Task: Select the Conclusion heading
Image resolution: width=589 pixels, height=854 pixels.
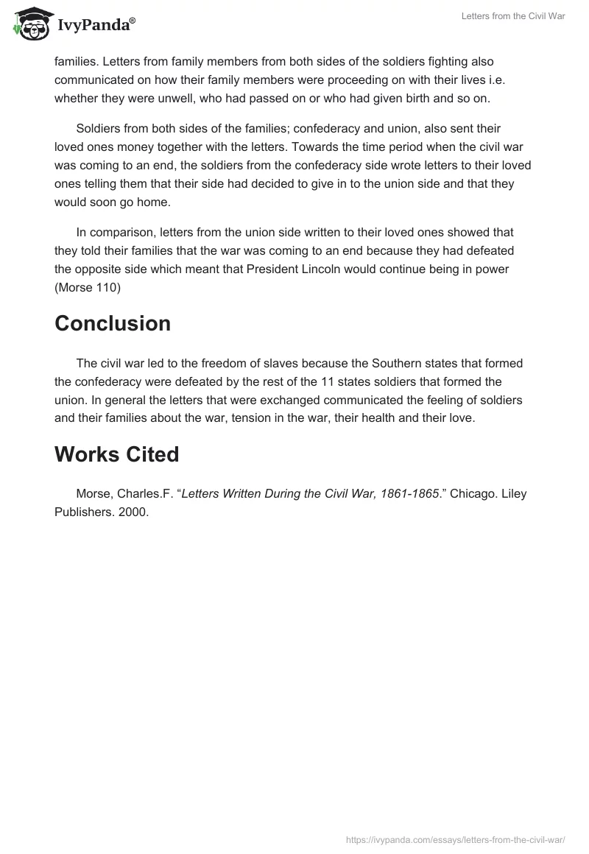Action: click(x=113, y=323)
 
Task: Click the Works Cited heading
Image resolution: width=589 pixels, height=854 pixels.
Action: click(x=116, y=454)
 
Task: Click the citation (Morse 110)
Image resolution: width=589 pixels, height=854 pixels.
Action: click(x=88, y=288)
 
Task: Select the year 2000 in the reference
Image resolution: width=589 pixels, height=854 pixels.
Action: click(x=135, y=512)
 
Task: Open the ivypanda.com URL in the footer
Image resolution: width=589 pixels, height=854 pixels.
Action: click(x=455, y=839)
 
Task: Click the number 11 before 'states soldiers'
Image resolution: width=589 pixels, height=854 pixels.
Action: click(x=327, y=381)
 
